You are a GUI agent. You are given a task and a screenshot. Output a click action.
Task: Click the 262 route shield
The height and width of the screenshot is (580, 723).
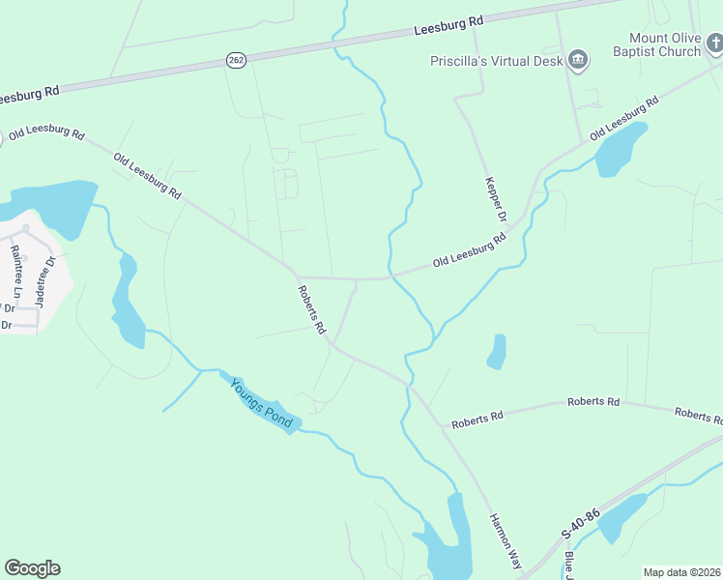(236, 60)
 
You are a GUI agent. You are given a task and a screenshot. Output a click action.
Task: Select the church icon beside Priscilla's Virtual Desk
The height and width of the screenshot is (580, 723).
(579, 60)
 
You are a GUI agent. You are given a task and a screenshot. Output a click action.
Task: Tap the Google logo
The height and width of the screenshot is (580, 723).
(32, 568)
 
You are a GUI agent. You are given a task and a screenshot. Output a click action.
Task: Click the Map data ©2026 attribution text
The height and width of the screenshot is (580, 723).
(681, 572)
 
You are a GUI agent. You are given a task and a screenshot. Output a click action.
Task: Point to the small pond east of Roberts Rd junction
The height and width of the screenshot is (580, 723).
(497, 352)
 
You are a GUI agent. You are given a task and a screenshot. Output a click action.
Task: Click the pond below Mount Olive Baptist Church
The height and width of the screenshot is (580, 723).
(619, 151)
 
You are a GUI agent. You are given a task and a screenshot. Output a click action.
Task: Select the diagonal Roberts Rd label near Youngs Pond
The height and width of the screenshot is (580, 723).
(311, 310)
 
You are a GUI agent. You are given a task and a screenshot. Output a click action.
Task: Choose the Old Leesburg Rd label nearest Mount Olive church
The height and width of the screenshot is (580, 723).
(623, 118)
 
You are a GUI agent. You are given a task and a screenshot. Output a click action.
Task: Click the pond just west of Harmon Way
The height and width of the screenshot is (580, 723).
(450, 541)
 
